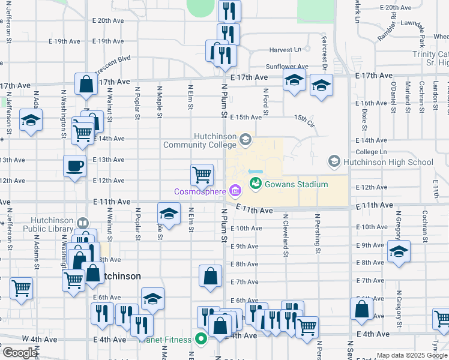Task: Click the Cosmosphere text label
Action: point(199,192)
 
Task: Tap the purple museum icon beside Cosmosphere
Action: point(235,192)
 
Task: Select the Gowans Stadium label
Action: point(296,184)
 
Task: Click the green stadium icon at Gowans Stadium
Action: point(255,184)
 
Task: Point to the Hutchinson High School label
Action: point(387,162)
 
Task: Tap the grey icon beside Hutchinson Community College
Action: point(245,140)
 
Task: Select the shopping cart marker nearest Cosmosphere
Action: point(202,175)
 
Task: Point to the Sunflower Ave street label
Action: point(288,67)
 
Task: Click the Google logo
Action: point(20,353)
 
